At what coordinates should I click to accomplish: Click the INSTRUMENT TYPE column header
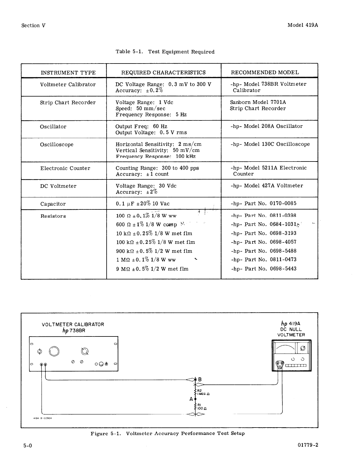[x=68, y=73]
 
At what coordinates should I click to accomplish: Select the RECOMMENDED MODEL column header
[x=265, y=73]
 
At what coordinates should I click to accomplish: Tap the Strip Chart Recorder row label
[x=68, y=102]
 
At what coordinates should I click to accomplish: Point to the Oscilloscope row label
[x=57, y=144]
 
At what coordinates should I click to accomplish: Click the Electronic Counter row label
[x=65, y=168]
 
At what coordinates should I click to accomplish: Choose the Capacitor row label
[x=53, y=204]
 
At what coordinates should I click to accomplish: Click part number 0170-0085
[x=283, y=203]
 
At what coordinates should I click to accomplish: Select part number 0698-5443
[x=283, y=269]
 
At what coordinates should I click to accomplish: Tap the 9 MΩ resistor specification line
[x=152, y=269]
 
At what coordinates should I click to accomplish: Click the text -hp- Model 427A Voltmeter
[x=267, y=186]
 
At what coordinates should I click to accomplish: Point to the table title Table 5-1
[x=165, y=52]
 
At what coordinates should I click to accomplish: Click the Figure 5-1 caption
[x=167, y=434]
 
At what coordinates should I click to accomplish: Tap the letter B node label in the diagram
[x=200, y=380]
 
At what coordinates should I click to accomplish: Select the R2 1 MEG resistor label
[x=203, y=392]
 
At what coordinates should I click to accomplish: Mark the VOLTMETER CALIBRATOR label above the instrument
[x=73, y=324]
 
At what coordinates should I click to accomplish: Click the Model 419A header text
[x=302, y=25]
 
